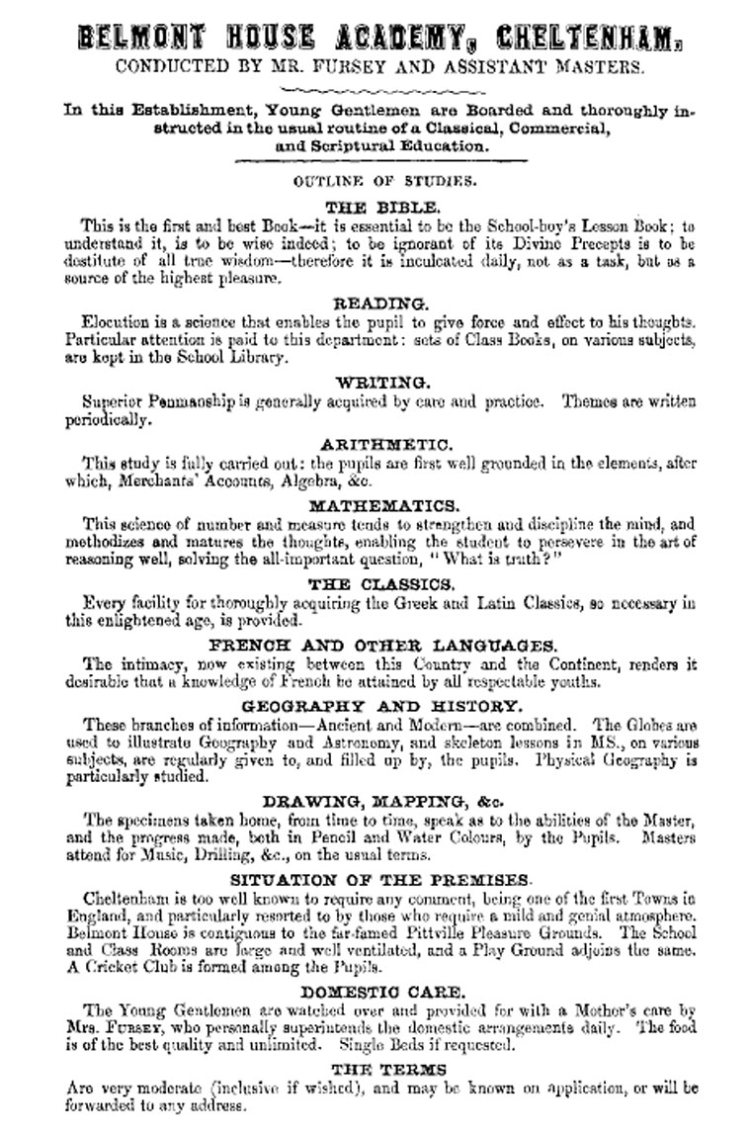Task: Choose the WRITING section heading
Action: (x=382, y=382)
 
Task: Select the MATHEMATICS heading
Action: (x=382, y=505)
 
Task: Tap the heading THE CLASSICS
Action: (x=381, y=584)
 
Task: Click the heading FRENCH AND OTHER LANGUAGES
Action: (x=382, y=646)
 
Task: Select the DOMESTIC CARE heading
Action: (x=382, y=991)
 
